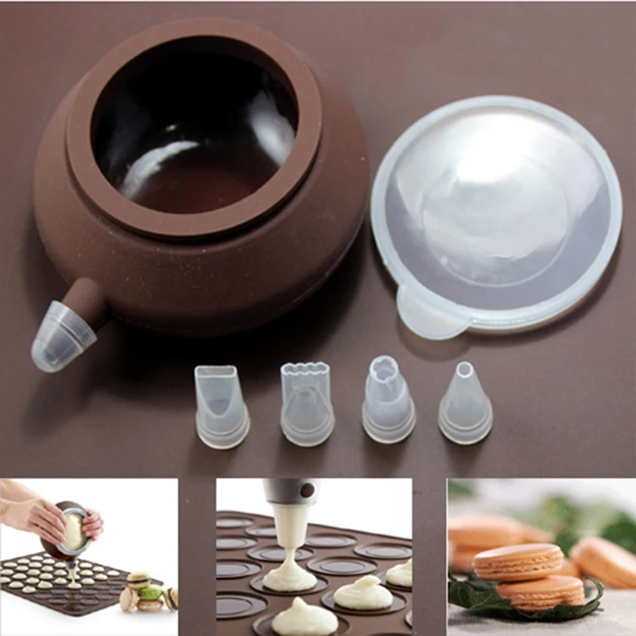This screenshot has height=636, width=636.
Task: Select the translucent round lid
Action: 497,207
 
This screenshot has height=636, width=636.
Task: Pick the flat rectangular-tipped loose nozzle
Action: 221,405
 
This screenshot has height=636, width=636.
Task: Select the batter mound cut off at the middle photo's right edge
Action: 401,572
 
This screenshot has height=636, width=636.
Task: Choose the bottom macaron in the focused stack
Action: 541,591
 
